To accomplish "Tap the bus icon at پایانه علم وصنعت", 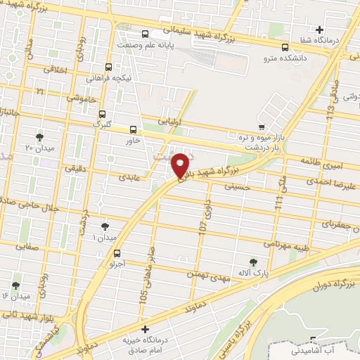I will pyautogui.click(x=145, y=34).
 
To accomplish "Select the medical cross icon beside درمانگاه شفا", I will pyautogui.click(x=320, y=30).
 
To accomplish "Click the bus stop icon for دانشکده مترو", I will pyautogui.click(x=285, y=48).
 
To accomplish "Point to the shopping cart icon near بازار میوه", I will pyautogui.click(x=262, y=127).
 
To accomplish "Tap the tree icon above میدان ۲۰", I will pyautogui.click(x=39, y=136).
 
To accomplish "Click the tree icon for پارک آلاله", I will pyautogui.click(x=253, y=262).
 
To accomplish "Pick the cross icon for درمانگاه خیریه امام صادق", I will pyautogui.click(x=145, y=329).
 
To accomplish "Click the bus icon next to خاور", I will pyautogui.click(x=134, y=129).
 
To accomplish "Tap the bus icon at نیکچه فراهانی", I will pyautogui.click(x=108, y=67).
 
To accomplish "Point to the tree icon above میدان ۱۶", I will pyautogui.click(x=15, y=285).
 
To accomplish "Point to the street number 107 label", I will pyautogui.click(x=203, y=228).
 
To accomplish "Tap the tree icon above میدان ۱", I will pyautogui.click(x=105, y=226).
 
